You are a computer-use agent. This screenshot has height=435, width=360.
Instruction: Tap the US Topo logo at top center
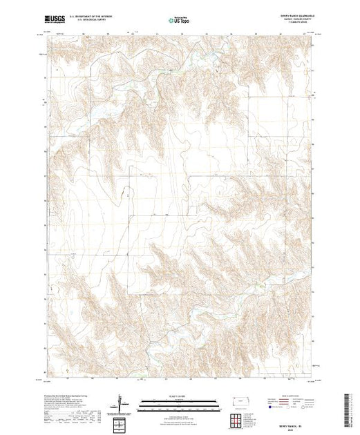coord(180,19)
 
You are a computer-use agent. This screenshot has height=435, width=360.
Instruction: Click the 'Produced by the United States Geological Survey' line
coord(69,396)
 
